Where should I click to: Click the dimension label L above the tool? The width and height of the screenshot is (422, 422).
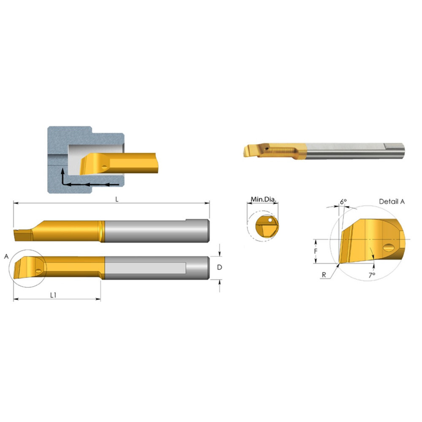(x=117, y=199)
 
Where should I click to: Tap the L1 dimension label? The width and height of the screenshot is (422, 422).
(x=53, y=295)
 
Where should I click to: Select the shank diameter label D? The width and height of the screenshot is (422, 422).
(x=219, y=267)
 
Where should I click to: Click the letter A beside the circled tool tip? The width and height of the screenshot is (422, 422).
(x=6, y=257)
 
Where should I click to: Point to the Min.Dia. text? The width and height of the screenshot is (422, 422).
(x=263, y=200)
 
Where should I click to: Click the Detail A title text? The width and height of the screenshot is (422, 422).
(x=392, y=201)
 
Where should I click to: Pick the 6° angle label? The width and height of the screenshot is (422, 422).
(x=343, y=202)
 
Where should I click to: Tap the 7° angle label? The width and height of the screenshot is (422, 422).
(x=372, y=275)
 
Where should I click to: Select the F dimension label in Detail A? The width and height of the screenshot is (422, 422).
(x=316, y=251)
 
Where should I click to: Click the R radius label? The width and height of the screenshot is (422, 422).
(x=324, y=275)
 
